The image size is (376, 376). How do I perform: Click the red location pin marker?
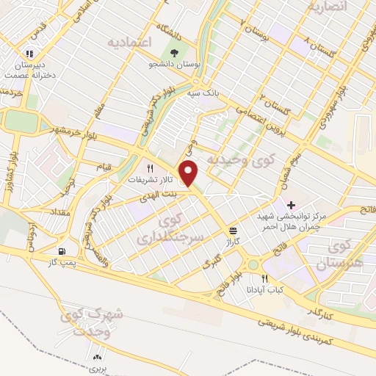click(190, 174)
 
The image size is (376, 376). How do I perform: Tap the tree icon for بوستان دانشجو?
click(174, 53)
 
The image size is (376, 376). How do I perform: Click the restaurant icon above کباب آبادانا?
click(265, 279)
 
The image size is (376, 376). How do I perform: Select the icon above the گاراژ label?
click(232, 230)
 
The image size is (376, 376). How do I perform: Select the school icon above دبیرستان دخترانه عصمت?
click(29, 53)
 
